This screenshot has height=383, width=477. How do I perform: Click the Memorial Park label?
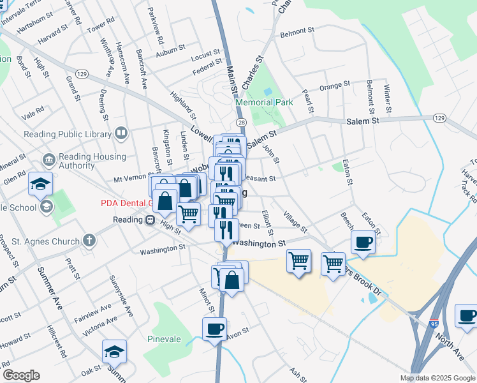(264, 102)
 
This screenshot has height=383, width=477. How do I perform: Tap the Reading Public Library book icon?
(121, 133)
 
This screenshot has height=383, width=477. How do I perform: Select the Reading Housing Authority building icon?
(48, 159)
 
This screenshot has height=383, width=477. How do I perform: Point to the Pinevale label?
(165, 339)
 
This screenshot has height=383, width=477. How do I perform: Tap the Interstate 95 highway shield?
(434, 324)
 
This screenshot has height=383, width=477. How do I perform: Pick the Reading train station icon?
(150, 220)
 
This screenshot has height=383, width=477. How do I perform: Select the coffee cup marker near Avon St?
(214, 329)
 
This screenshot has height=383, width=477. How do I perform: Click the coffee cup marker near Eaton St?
(363, 243)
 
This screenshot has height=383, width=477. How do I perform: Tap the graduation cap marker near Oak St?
(114, 351)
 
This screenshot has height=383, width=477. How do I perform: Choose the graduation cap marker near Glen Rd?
(40, 184)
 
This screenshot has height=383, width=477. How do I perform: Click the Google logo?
(20, 375)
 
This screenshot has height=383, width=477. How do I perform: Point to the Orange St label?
(335, 84)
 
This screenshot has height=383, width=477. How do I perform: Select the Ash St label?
(297, 372)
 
